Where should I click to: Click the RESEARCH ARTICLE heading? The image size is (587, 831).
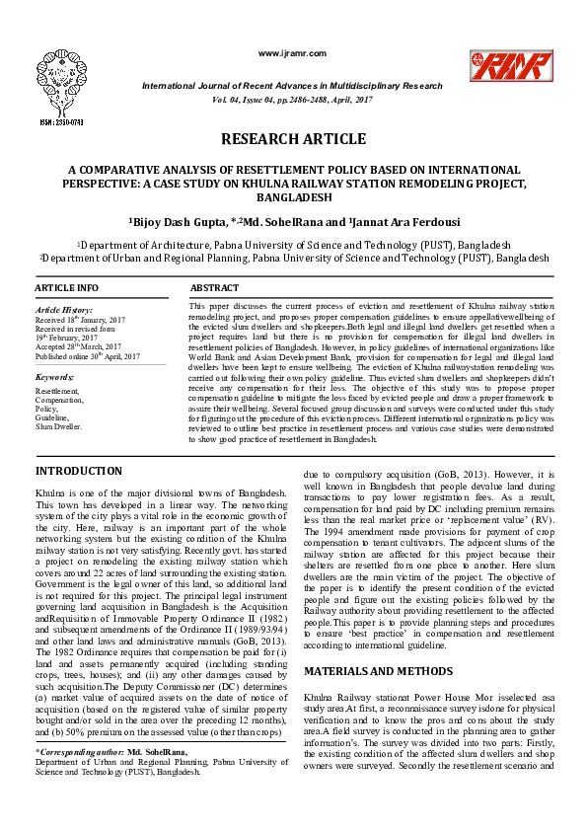pyautogui.click(x=293, y=139)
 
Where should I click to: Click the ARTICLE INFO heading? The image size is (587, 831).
pyautogui.click(x=67, y=288)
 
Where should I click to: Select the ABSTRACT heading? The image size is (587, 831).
pyautogui.click(x=214, y=288)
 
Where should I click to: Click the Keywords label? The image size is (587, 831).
pyautogui.click(x=54, y=377)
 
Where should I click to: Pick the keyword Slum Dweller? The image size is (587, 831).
pyautogui.click(x=59, y=427)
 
